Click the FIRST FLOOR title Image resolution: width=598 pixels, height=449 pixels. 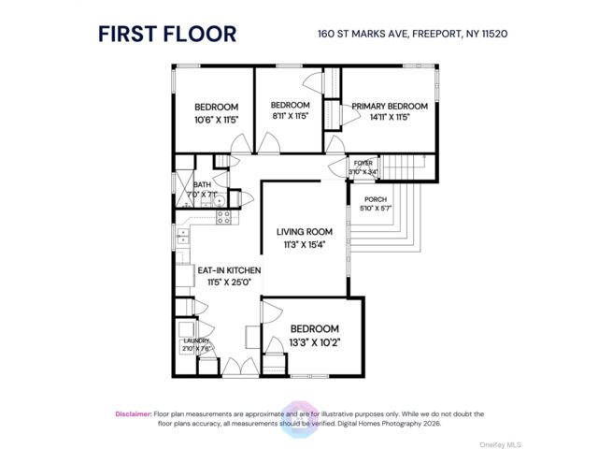coord(167,35)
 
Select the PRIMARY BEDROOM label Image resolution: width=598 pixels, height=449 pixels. coord(390,107)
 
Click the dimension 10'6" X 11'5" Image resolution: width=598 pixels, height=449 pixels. coord(216,120)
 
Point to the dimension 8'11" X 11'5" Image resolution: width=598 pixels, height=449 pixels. coord(290,117)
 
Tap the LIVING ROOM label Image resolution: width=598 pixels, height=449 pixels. coord(305,232)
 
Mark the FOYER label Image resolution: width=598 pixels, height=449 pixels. coord(363,163)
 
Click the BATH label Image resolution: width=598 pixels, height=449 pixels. coord(202,184)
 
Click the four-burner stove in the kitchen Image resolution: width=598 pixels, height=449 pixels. coord(224,217)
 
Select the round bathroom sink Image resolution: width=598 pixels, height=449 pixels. coord(218,199)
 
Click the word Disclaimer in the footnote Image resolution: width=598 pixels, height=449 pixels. coord(133,413)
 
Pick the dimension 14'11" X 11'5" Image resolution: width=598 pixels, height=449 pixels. coord(390,119)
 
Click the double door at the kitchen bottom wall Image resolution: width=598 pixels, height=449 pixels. coord(237,368)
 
